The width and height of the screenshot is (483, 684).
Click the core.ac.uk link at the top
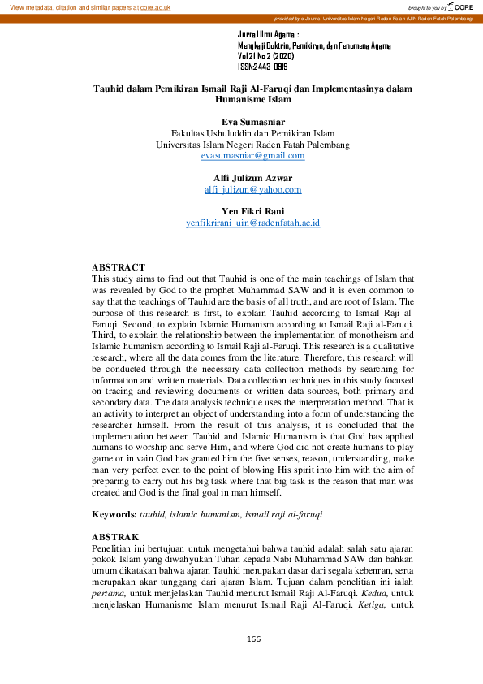click(x=154, y=6)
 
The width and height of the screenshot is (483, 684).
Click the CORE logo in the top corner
click(x=460, y=6)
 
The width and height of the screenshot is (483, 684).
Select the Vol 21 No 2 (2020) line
click(x=265, y=57)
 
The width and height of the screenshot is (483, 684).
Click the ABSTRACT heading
click(x=118, y=267)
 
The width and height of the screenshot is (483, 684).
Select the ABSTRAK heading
click(x=115, y=538)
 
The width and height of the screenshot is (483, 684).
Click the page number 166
click(x=253, y=639)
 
